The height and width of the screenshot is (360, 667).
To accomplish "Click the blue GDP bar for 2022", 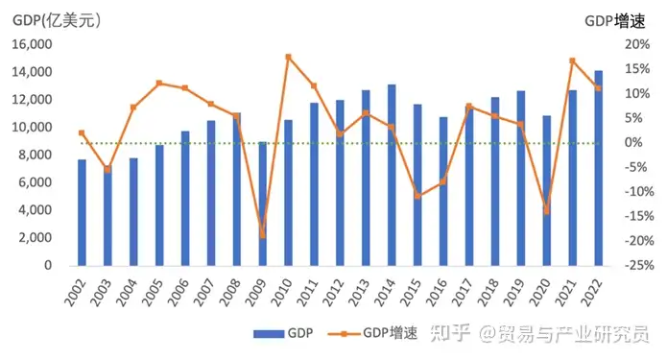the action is coord(598,168).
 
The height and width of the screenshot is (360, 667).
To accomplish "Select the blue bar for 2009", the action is coord(262,204).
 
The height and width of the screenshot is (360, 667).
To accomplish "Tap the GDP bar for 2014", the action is coord(392,176).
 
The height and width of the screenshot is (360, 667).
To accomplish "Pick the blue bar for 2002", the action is coord(82,213).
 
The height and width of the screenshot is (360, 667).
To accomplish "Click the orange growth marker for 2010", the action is coord(289,57).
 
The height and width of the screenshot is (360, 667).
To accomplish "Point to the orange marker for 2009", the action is coord(262,235).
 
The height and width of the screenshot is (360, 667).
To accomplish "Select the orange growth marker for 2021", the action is coord(573,60).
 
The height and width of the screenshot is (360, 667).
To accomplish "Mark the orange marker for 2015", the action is coord(417,196).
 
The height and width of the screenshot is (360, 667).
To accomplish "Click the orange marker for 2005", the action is coord(159,83).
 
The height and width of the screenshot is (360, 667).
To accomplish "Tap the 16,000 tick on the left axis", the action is coord(32,44).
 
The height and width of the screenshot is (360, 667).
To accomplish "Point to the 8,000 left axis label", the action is coord(36,155).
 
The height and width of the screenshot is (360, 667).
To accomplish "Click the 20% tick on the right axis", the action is coord(637,44).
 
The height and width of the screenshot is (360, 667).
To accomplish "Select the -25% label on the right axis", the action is coord(639,265).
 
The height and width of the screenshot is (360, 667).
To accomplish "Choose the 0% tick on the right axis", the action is coord(633,142).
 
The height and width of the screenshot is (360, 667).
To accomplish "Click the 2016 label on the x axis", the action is coord(438,293).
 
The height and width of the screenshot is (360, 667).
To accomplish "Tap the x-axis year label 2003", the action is coord(102,293).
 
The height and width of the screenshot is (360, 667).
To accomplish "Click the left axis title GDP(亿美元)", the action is coord(57,20).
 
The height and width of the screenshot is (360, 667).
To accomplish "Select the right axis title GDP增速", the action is coord(615,21).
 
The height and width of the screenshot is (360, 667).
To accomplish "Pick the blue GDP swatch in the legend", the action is coord(269,334).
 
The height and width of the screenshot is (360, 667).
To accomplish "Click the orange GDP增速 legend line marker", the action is coord(344,334).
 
